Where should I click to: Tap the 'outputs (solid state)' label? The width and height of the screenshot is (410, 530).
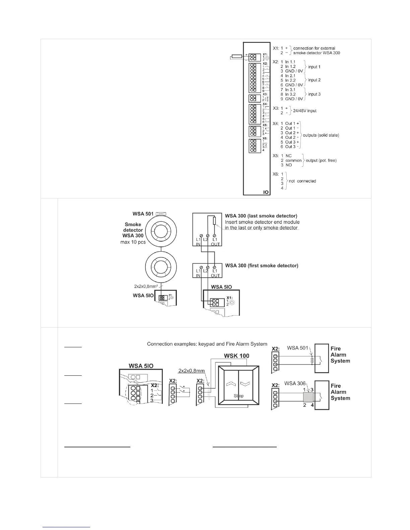click(x=321, y=135)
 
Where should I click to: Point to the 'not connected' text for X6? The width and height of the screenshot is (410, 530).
click(x=302, y=181)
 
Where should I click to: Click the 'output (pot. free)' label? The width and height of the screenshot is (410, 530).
click(x=321, y=160)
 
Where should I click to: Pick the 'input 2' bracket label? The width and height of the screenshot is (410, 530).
click(x=314, y=80)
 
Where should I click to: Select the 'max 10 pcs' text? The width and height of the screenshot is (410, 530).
click(x=133, y=242)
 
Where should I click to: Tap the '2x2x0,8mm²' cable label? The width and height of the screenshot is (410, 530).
click(x=146, y=286)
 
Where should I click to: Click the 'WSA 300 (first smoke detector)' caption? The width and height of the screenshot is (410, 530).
click(x=262, y=265)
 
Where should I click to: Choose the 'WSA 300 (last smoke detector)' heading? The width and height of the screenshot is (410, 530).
click(x=261, y=216)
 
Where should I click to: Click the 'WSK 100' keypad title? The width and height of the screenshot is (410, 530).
click(x=236, y=355)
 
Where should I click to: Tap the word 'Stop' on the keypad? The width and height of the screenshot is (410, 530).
click(x=238, y=396)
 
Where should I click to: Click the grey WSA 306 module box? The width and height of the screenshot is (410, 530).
click(x=308, y=397)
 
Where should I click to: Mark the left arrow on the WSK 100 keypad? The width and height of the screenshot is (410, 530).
click(x=230, y=384)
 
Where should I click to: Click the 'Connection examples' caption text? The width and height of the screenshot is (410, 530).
click(x=207, y=344)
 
